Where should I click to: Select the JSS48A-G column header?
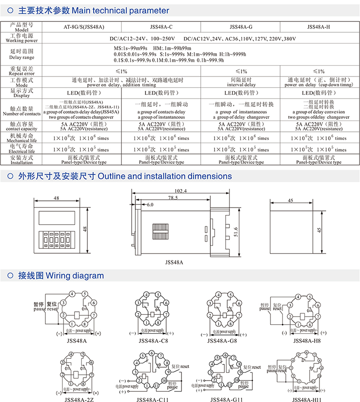[241, 27]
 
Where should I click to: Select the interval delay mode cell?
[241, 82]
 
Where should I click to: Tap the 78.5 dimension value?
[172, 198]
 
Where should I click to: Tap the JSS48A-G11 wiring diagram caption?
[226, 398]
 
